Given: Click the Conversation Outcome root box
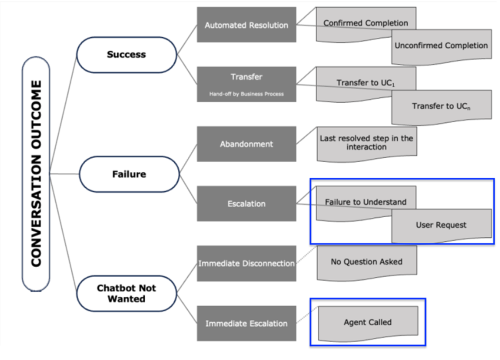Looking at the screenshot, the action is pos(36,174).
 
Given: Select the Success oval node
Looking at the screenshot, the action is pos(127,55).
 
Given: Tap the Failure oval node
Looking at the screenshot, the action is pos(129,174).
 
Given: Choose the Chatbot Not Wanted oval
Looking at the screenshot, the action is pos(127,293).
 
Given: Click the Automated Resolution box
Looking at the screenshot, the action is pos(246,25).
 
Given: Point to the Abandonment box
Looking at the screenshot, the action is pos(246,144).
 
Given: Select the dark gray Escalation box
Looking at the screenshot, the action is pos(246,204).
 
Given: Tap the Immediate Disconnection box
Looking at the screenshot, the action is pos(246,263).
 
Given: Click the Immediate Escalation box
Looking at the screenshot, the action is pos(246,323).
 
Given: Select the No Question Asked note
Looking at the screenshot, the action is pos(367,262).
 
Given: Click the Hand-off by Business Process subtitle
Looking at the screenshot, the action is pos(246,94).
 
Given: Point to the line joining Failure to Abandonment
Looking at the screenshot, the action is pos(189,159).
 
